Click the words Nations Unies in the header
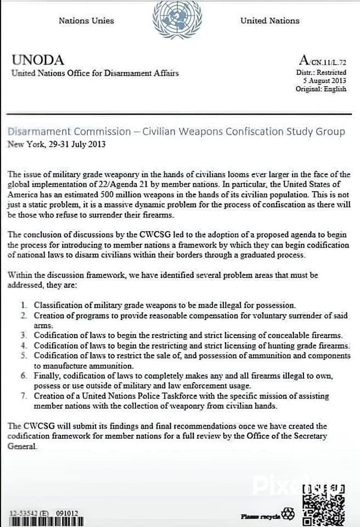tap(86, 21)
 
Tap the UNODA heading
tap(37, 60)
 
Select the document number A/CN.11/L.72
tap(323, 61)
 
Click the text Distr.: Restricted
tap(321, 72)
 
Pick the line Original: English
tap(321, 89)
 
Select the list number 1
tap(24, 305)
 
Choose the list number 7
tap(24, 396)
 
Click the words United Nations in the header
tap(269, 21)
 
